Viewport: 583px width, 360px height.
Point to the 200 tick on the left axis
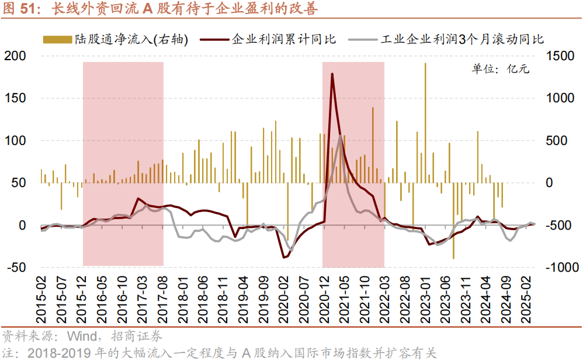click(16, 56)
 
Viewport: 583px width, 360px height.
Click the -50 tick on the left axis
click(16, 267)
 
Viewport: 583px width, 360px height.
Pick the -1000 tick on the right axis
click(562, 267)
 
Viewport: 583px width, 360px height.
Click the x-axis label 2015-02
click(41, 298)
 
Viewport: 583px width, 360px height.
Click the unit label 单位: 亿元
click(500, 69)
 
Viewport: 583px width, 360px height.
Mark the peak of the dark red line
click(332, 74)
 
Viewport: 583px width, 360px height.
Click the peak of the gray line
click(341, 136)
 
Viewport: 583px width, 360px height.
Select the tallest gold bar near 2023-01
click(425, 64)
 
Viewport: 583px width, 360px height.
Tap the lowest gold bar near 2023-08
click(453, 257)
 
